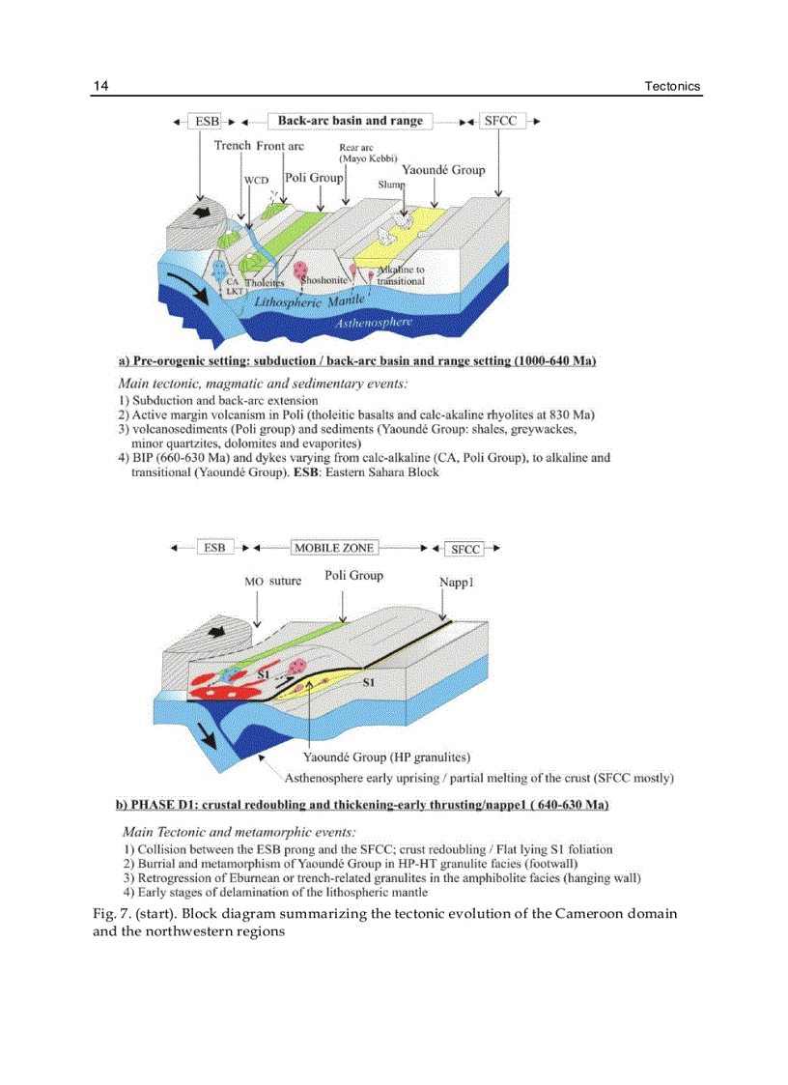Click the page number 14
100,87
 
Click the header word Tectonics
672,87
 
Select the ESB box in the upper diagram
207,122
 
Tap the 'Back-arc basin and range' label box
350,122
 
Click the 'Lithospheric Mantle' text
305,301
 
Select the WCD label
256,181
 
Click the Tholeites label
264,283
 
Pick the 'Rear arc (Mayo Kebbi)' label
362,154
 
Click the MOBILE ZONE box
333,548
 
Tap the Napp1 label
455,583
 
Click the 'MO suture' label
272,581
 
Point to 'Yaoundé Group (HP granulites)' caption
387,757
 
